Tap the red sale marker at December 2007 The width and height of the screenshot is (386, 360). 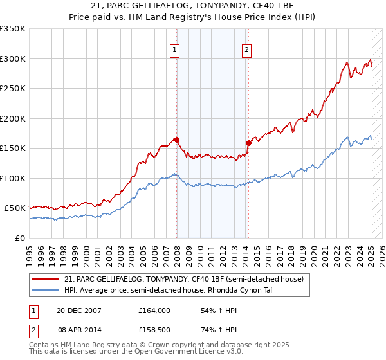coord(176,139)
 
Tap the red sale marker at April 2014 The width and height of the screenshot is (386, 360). coord(248,143)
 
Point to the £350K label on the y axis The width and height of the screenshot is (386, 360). coord(13,29)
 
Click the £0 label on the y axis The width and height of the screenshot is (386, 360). coord(20,238)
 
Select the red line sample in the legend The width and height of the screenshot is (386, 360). coord(46,278)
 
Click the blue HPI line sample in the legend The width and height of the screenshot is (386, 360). coord(46,290)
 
